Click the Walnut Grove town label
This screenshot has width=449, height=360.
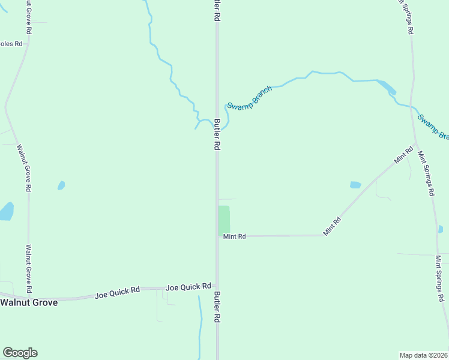(x=29, y=302)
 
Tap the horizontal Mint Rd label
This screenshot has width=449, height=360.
(x=234, y=236)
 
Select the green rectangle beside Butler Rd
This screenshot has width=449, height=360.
(x=223, y=220)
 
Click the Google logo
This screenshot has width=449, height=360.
(x=20, y=353)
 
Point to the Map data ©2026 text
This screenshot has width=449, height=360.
(x=424, y=355)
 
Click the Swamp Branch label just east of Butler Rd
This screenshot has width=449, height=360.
(x=249, y=97)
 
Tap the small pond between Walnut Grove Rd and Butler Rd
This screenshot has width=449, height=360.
(x=61, y=185)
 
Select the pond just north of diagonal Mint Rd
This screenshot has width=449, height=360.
(x=355, y=185)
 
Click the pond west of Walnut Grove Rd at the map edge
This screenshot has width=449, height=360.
(x=6, y=211)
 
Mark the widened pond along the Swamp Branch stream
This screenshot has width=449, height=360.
(x=387, y=87)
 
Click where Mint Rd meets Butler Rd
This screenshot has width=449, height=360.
(x=217, y=236)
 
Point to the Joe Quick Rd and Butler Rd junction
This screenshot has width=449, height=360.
(x=217, y=287)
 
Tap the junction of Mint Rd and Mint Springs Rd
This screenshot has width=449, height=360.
(x=416, y=144)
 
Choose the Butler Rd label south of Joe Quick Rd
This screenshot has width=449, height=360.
(x=217, y=308)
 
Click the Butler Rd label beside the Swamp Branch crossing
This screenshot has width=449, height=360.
(x=217, y=134)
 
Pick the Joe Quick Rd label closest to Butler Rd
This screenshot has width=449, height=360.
(x=188, y=287)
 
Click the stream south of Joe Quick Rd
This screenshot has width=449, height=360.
(x=200, y=324)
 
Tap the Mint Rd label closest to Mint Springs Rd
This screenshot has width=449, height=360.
(x=404, y=155)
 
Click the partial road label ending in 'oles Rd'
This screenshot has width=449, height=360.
(x=11, y=44)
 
